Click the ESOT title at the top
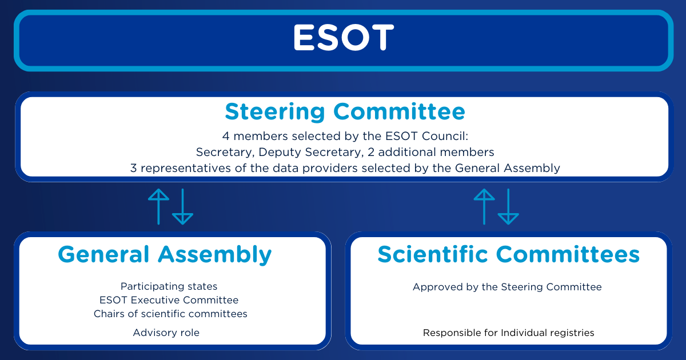click(x=344, y=37)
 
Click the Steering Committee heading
click(x=345, y=112)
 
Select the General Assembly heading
click(x=165, y=255)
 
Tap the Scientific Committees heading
click(x=509, y=254)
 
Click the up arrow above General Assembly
click(x=158, y=207)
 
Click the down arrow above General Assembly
click(x=182, y=207)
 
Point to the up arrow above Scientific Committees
click(x=484, y=207)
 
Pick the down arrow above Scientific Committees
click(x=508, y=207)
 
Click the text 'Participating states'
click(x=169, y=286)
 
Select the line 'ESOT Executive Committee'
click(x=169, y=300)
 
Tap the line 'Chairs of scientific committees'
click(x=170, y=314)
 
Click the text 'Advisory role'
click(x=166, y=333)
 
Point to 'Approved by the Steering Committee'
click(x=507, y=287)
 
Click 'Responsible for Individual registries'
click(x=508, y=333)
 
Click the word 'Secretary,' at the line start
click(x=225, y=153)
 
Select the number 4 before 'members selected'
click(x=226, y=136)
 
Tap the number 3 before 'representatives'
click(x=134, y=168)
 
